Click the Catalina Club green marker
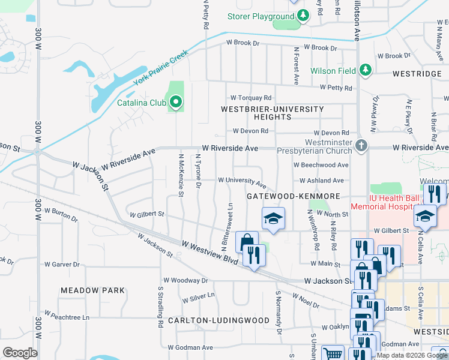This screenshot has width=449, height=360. coord(176,103)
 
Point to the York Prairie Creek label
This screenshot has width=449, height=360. coord(160,67)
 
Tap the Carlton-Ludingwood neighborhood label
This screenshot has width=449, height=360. coord(218,320)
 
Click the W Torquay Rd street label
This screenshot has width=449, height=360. coord(252,98)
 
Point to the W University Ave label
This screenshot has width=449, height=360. coord(242,180)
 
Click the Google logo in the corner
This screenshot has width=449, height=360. coord(20,353)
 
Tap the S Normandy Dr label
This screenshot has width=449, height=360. coord(279,313)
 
